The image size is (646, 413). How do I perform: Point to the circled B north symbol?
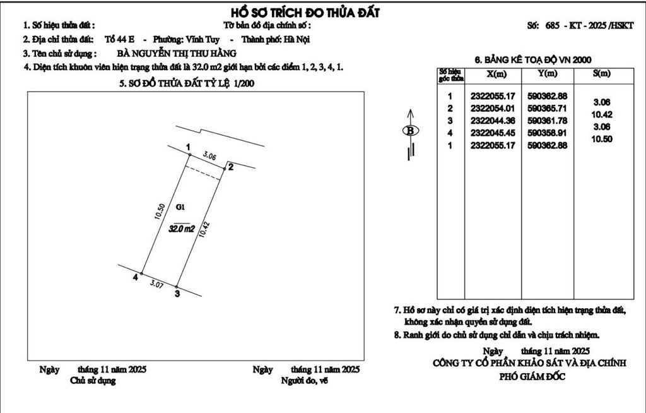[x=411, y=131]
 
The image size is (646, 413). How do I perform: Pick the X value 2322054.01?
[x=492, y=108]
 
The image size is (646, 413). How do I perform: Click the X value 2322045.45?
[x=492, y=133]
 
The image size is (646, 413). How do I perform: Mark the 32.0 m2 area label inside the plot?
[x=182, y=229]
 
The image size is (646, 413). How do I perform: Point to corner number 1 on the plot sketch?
[x=188, y=147]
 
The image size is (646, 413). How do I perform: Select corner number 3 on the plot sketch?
[x=177, y=293]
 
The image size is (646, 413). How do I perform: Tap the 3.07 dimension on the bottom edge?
[x=156, y=285]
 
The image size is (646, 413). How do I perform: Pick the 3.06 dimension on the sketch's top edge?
[x=209, y=155]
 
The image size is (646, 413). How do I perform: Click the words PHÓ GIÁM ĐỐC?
[x=532, y=377]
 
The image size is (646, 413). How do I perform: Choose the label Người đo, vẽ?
[x=305, y=381]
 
